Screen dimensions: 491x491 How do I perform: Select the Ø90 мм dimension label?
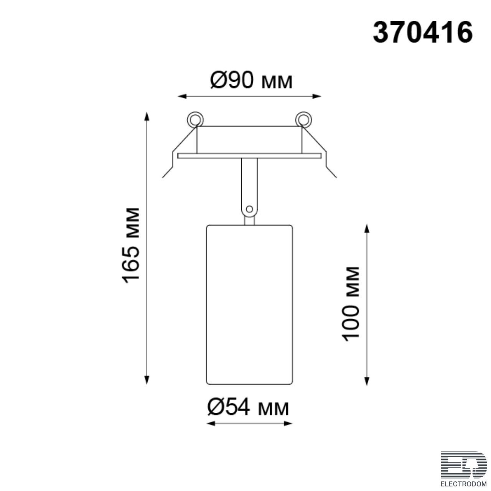[251, 80]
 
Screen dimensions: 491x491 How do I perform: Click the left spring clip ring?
[195, 119]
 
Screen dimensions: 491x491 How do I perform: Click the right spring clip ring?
[303, 119]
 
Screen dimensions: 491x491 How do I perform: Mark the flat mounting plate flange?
[249, 156]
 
